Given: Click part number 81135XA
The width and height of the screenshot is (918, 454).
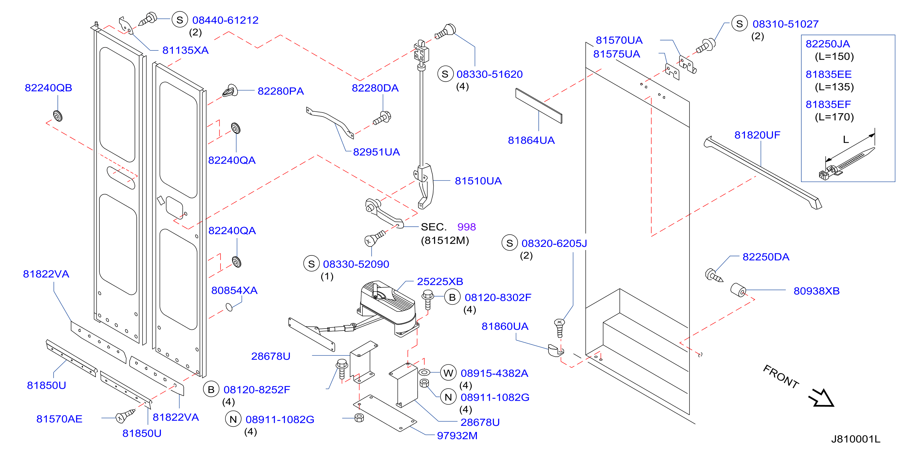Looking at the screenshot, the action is [x=185, y=50].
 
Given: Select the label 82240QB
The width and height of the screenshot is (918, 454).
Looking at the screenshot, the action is [x=48, y=88].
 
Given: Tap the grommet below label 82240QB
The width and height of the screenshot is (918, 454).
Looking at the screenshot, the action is [x=58, y=116].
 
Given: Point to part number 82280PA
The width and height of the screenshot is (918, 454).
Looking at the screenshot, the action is [x=281, y=91].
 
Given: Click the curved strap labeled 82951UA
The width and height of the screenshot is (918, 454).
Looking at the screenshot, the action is [x=330, y=121].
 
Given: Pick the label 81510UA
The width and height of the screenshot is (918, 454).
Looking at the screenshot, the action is [x=478, y=181].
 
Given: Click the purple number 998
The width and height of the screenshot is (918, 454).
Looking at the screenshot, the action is [x=466, y=227].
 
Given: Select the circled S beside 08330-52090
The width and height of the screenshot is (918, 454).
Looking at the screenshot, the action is [x=311, y=264].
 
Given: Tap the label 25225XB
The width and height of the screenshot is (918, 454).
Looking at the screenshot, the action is [x=440, y=281].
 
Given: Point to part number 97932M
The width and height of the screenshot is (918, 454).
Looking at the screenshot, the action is [x=457, y=435].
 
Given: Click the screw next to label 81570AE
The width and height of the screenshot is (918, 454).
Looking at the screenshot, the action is [x=125, y=416].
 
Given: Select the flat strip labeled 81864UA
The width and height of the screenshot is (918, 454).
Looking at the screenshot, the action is [x=538, y=106].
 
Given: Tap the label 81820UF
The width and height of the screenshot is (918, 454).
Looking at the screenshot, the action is [x=757, y=135].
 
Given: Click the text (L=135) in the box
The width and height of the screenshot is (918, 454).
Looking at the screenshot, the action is [x=834, y=87].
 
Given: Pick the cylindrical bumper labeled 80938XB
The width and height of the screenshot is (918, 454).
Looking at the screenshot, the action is [x=738, y=290].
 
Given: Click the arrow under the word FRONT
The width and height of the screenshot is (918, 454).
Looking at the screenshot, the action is [x=821, y=398].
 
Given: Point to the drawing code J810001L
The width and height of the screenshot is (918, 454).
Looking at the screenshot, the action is [x=856, y=439].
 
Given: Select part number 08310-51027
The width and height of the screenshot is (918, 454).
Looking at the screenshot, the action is [x=786, y=24].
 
